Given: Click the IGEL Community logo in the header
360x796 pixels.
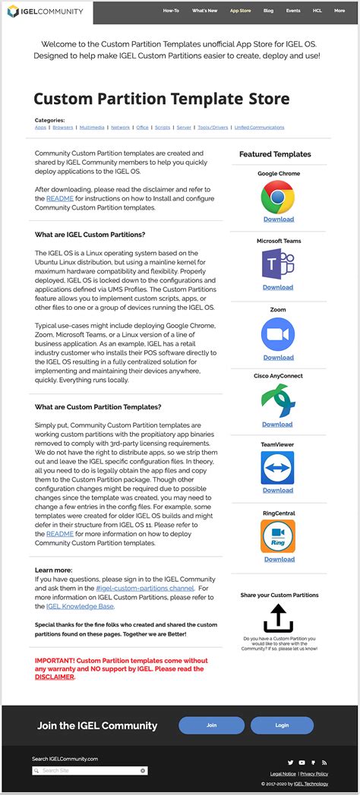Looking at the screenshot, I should (x=48, y=11).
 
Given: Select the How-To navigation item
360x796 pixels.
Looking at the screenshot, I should (x=171, y=11).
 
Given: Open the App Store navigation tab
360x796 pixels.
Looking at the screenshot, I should (x=240, y=11).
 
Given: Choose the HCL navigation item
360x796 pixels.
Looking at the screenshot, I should (x=316, y=11).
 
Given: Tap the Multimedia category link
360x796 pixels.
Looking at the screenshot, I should (x=92, y=128).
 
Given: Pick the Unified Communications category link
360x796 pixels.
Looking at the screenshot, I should (x=260, y=128).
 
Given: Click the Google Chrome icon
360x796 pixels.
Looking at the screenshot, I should (x=278, y=197).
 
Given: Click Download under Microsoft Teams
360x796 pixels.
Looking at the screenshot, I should (x=278, y=287).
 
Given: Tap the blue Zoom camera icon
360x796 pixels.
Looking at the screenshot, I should (x=278, y=333).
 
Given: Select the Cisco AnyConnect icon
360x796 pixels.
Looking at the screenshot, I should (x=278, y=401).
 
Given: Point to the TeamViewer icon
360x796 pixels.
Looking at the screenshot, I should (x=278, y=469).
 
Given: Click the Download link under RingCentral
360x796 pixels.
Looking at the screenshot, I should (x=278, y=559).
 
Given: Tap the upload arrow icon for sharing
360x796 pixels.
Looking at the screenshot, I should (x=278, y=618).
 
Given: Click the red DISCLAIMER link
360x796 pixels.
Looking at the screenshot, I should (x=55, y=677).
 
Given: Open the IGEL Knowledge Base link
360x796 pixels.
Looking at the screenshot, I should (x=80, y=607).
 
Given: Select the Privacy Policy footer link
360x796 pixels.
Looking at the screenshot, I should (x=314, y=773).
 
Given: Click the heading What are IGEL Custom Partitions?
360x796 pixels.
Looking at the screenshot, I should (x=90, y=235).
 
